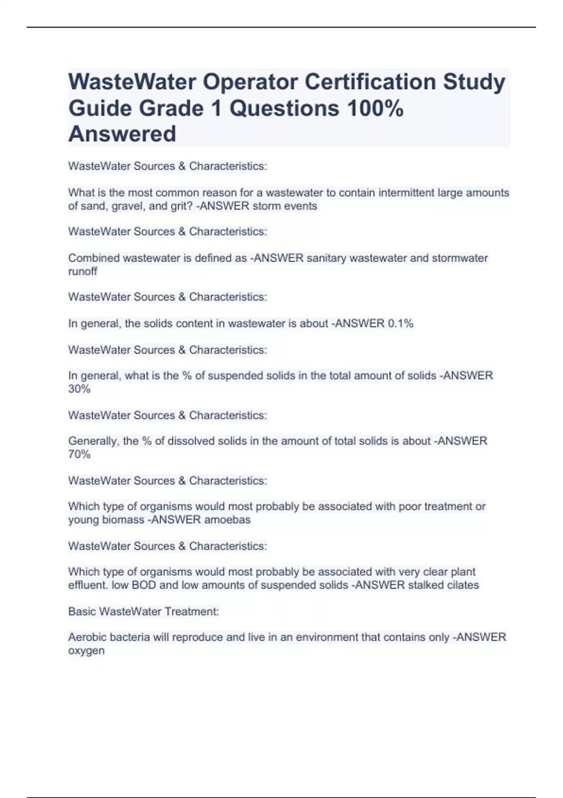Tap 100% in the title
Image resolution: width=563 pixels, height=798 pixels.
[x=375, y=108]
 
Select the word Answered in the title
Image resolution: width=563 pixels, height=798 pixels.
[x=122, y=134]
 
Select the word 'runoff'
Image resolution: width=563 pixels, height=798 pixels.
[x=83, y=271]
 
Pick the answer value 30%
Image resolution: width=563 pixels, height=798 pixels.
[x=79, y=389]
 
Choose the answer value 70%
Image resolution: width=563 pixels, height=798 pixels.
[x=79, y=454]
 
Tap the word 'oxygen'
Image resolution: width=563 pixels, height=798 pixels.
[x=86, y=651]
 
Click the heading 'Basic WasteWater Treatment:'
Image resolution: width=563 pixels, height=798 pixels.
[x=144, y=611]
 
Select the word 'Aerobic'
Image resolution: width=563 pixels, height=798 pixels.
[x=86, y=637]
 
